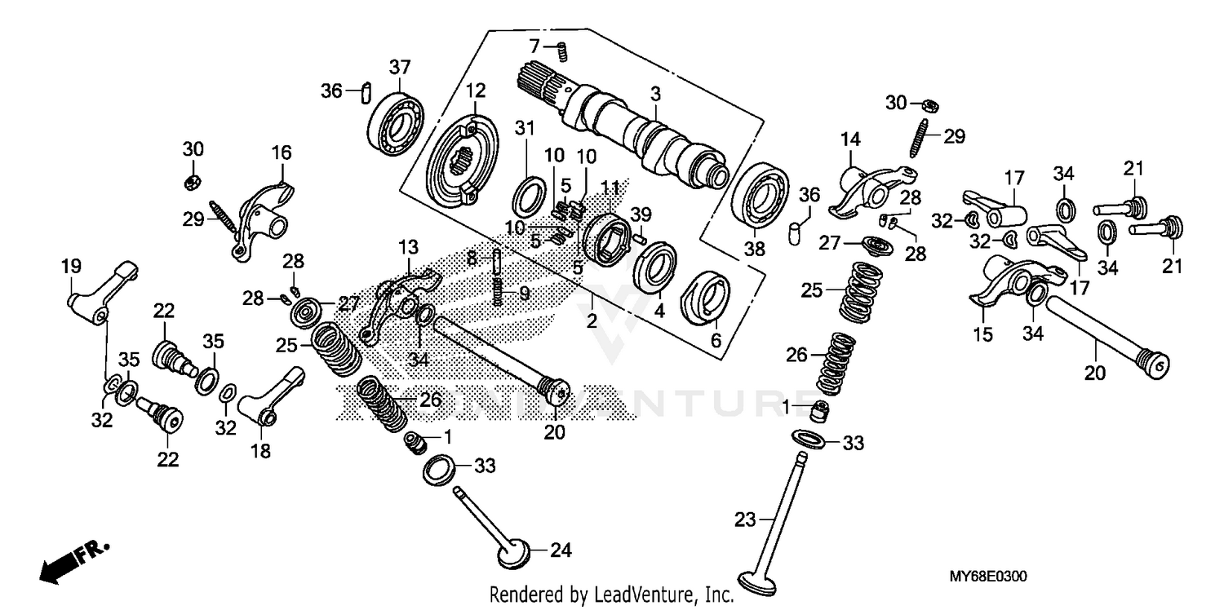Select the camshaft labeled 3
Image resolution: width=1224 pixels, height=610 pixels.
[x=645, y=130]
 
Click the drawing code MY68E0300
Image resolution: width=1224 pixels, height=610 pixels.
[x=987, y=577]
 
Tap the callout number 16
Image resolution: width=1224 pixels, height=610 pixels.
[x=282, y=152]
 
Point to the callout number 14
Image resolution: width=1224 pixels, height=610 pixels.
[x=850, y=139]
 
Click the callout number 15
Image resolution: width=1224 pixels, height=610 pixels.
[x=982, y=334]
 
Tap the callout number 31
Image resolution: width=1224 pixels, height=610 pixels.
[x=525, y=127]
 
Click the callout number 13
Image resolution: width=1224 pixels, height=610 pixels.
[x=407, y=246]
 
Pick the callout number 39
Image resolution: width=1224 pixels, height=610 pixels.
[x=642, y=214]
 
